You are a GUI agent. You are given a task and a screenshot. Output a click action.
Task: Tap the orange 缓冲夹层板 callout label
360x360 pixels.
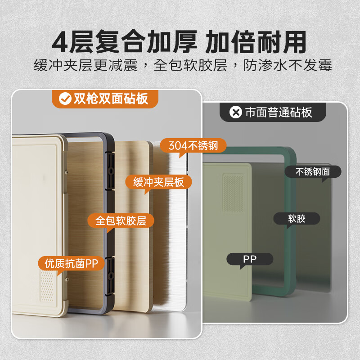click(158, 182)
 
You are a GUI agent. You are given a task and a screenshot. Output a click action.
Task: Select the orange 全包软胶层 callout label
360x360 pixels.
click(121, 220)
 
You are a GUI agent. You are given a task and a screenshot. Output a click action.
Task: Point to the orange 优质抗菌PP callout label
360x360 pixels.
click(72, 262)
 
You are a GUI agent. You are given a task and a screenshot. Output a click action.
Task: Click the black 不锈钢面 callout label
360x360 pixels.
click(313, 171)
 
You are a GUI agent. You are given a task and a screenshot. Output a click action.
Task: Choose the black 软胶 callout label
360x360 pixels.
click(297, 219)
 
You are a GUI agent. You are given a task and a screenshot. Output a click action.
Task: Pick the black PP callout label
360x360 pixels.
click(250, 259)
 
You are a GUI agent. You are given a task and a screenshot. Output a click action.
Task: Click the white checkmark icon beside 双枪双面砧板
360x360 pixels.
click(65, 98)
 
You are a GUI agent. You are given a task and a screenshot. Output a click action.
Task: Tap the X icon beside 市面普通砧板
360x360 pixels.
click(235, 112)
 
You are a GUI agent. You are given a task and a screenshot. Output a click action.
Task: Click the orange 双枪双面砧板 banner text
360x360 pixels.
click(111, 98)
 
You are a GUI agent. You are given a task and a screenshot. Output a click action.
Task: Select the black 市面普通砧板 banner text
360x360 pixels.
click(279, 112)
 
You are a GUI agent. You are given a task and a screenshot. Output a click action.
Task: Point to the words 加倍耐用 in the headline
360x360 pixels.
click(256, 43)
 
